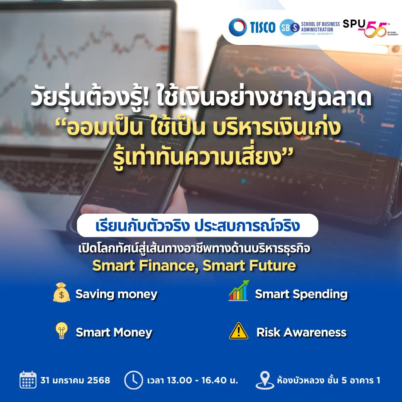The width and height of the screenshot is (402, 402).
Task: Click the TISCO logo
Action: [x=252, y=27]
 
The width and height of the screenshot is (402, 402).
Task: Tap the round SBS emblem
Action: [x=290, y=27]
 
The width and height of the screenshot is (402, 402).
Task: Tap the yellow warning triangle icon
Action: [x=239, y=331]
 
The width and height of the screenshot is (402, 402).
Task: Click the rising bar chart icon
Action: [x=239, y=290]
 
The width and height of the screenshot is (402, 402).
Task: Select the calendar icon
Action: [x=28, y=380]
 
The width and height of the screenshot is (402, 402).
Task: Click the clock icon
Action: [x=134, y=380]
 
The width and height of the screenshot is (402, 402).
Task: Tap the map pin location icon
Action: [x=265, y=380]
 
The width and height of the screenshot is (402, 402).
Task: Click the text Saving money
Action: [x=117, y=294]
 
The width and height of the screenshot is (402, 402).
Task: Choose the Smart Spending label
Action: [x=301, y=294]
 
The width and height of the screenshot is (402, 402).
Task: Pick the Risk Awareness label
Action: [x=301, y=332]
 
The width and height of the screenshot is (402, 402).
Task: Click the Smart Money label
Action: [x=114, y=332]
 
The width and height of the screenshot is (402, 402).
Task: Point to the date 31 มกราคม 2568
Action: [x=75, y=380]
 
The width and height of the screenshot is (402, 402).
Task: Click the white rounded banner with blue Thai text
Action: [x=198, y=225]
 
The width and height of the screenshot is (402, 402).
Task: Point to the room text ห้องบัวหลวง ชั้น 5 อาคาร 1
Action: [x=329, y=380]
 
